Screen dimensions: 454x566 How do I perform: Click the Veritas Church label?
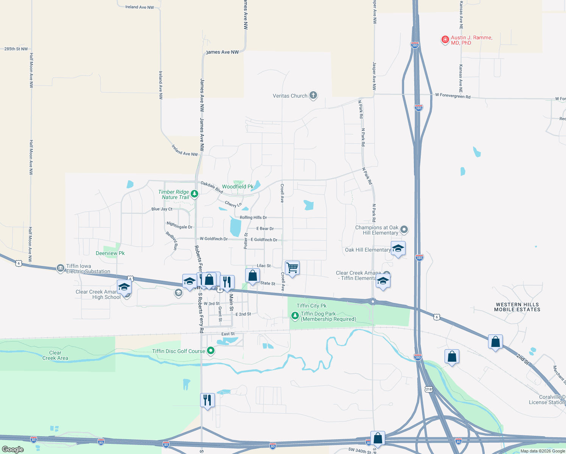pyautogui.click(x=290, y=96)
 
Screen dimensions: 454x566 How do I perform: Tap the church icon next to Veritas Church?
pyautogui.click(x=313, y=95)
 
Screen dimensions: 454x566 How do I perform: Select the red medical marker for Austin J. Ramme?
pyautogui.click(x=445, y=39)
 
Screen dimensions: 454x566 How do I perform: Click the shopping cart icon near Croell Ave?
pyautogui.click(x=292, y=268)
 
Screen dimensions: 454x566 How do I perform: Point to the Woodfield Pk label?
pyautogui.click(x=238, y=187)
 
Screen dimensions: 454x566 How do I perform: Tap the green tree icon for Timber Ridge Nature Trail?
pyautogui.click(x=194, y=194)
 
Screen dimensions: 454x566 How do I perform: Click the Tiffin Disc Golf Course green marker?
pyautogui.click(x=211, y=351)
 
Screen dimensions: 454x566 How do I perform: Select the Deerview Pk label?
pyautogui.click(x=110, y=253)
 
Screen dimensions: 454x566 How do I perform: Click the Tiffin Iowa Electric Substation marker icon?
pyautogui.click(x=60, y=268)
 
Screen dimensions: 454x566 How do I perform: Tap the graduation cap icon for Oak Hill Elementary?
pyautogui.click(x=398, y=249)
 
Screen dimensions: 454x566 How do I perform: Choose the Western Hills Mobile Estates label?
pyautogui.click(x=517, y=307)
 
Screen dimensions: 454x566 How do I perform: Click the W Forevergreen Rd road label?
pyautogui.click(x=452, y=96)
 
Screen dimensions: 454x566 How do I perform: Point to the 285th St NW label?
pyautogui.click(x=16, y=49)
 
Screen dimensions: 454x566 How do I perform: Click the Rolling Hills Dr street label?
pyautogui.click(x=253, y=218)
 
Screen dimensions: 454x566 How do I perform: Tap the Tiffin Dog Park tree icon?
pyautogui.click(x=295, y=315)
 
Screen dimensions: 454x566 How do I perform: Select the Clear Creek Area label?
pyautogui.click(x=55, y=355)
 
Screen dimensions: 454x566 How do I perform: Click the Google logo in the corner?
pyautogui.click(x=13, y=449)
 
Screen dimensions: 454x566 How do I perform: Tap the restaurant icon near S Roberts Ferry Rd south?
pyautogui.click(x=207, y=400)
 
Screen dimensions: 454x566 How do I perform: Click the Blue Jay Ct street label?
pyautogui.click(x=162, y=209)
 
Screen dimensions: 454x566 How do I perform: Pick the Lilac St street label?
pyautogui.click(x=264, y=266)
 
